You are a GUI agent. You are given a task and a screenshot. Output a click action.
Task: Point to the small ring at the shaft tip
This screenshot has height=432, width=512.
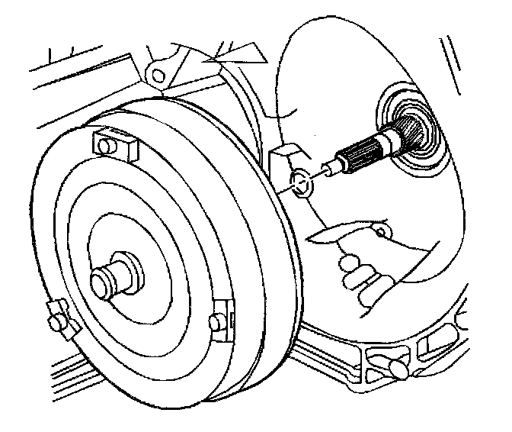coord(302,182)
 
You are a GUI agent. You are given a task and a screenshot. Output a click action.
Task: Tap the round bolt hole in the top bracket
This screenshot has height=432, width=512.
coord(158,74)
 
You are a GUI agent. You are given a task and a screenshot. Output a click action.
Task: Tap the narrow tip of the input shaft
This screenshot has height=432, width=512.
coord(324,170)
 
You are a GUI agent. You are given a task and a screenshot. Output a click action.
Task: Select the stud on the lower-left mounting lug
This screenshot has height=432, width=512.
coord(54,323)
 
